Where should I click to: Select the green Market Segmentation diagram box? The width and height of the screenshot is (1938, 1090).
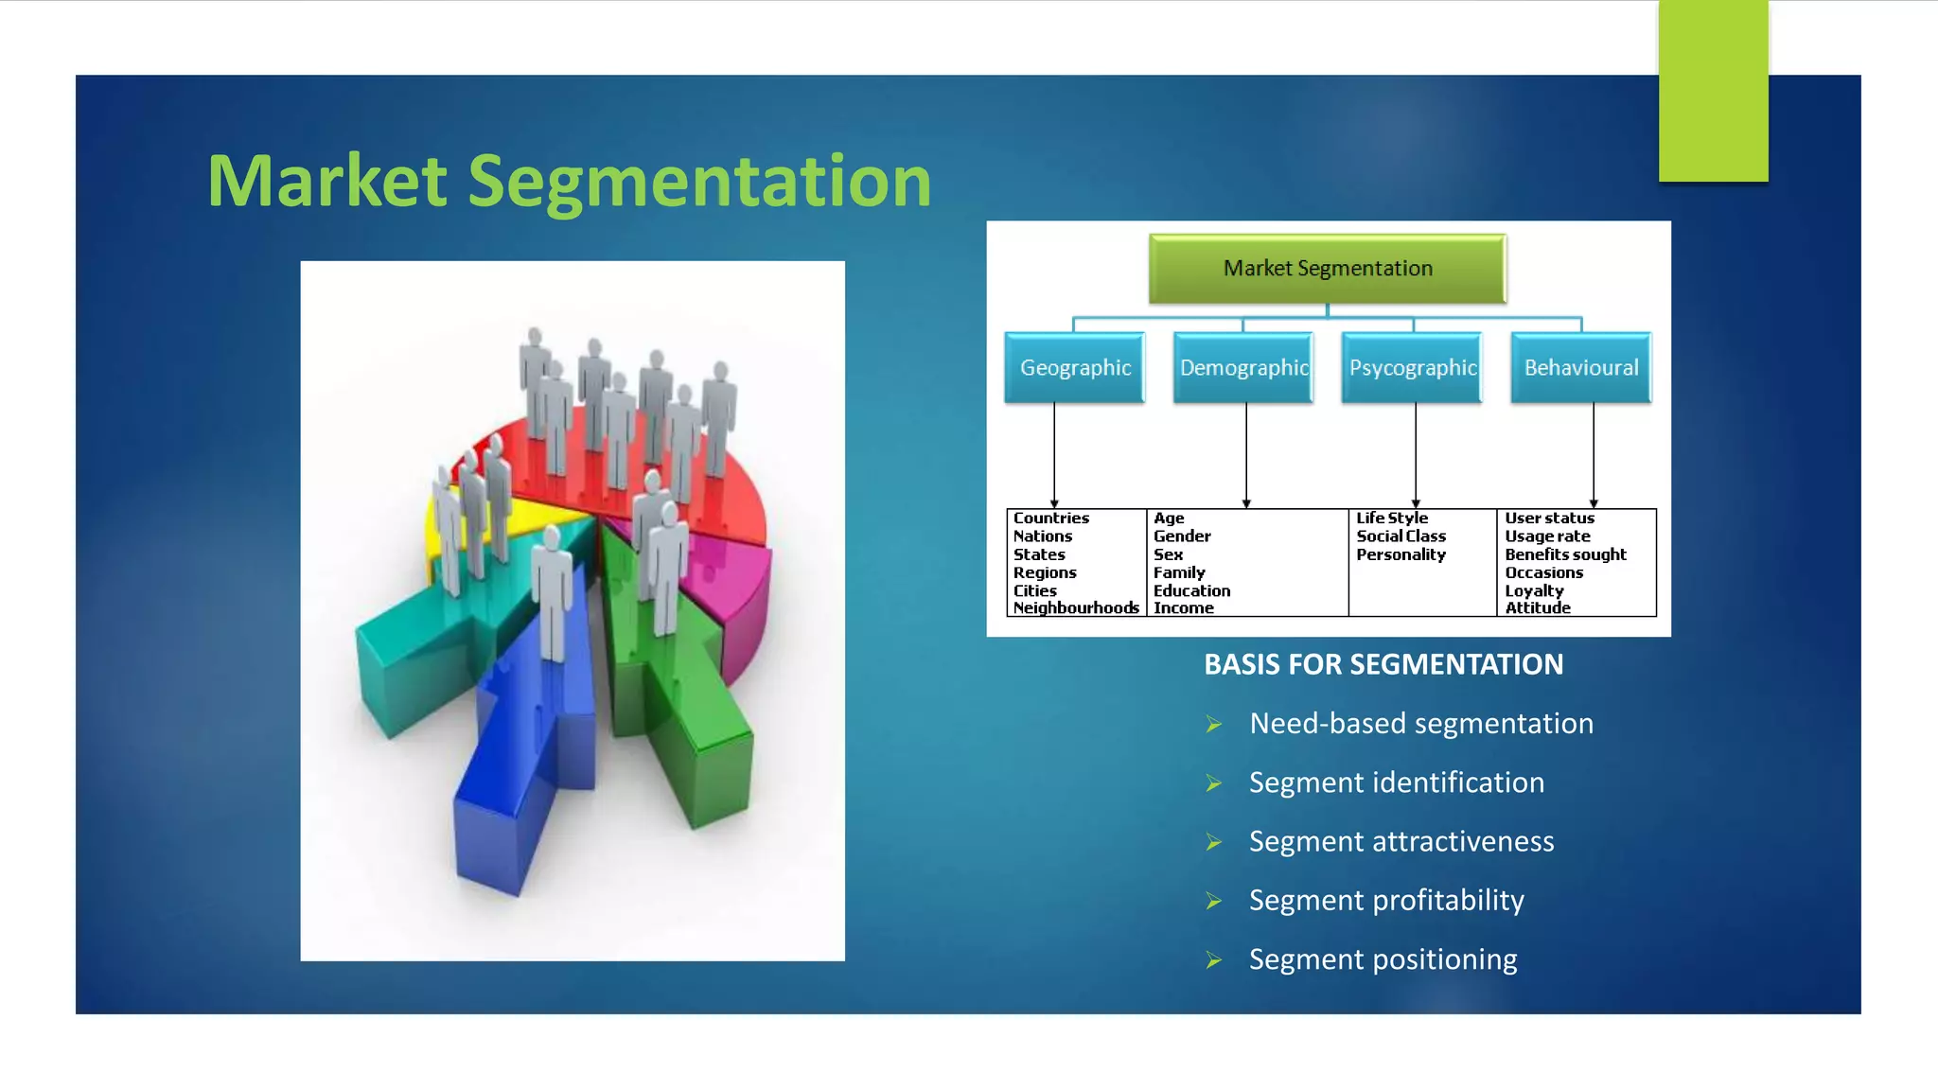click(x=1327, y=269)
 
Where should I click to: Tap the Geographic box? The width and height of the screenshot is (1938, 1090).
click(x=1075, y=367)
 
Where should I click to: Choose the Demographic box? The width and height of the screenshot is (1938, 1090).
click(x=1243, y=367)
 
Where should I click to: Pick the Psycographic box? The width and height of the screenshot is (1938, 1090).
click(x=1412, y=367)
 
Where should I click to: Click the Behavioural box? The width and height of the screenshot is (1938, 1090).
click(x=1580, y=367)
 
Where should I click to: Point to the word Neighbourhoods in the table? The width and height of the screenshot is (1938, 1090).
click(x=1076, y=608)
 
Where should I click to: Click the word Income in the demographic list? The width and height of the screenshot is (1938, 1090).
click(x=1183, y=608)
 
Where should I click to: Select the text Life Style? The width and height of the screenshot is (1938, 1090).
click(x=1391, y=519)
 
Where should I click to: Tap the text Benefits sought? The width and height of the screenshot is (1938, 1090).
click(x=1565, y=554)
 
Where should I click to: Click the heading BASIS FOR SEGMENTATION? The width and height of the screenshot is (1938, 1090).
click(x=1383, y=664)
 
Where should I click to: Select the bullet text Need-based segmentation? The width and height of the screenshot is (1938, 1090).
click(x=1420, y=724)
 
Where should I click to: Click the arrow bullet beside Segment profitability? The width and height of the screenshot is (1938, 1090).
click(x=1214, y=901)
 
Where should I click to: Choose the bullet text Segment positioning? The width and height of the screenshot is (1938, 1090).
click(x=1383, y=959)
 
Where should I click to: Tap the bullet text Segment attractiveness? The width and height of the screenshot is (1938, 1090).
click(x=1401, y=841)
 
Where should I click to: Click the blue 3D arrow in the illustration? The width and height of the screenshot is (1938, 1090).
click(x=511, y=785)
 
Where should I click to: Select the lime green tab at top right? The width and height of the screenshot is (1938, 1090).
click(x=1713, y=90)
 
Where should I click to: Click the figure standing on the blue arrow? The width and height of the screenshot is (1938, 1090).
click(x=552, y=591)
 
